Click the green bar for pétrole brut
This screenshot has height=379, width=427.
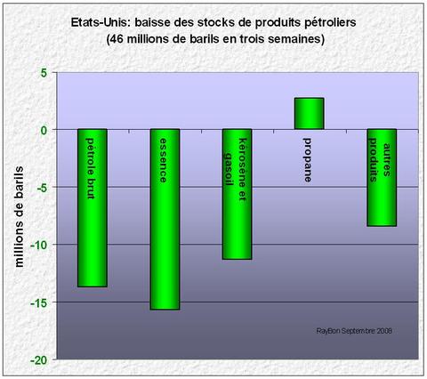click(93, 207)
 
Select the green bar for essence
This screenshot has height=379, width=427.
click(165, 219)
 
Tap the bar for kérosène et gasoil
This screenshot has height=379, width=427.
click(237, 194)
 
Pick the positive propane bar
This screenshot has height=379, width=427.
click(309, 113)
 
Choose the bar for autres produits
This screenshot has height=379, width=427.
click(381, 177)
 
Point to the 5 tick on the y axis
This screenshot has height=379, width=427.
click(42, 72)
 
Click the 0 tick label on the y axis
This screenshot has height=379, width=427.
click(42, 130)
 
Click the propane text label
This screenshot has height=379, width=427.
click(309, 160)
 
